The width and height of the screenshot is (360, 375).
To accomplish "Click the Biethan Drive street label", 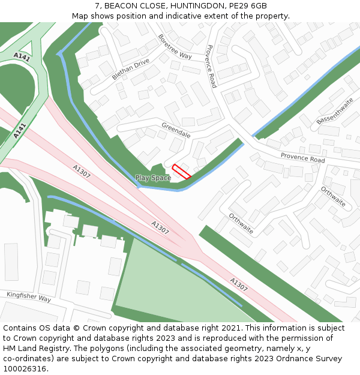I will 130,70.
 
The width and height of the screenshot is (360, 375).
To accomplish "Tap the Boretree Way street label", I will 175,46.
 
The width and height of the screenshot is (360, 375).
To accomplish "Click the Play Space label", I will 153,178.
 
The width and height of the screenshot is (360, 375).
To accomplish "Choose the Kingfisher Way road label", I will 29,297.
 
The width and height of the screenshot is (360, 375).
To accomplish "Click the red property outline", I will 181,172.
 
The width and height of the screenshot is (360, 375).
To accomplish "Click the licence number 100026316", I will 25,368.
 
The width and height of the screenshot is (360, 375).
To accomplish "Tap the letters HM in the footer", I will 10,349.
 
